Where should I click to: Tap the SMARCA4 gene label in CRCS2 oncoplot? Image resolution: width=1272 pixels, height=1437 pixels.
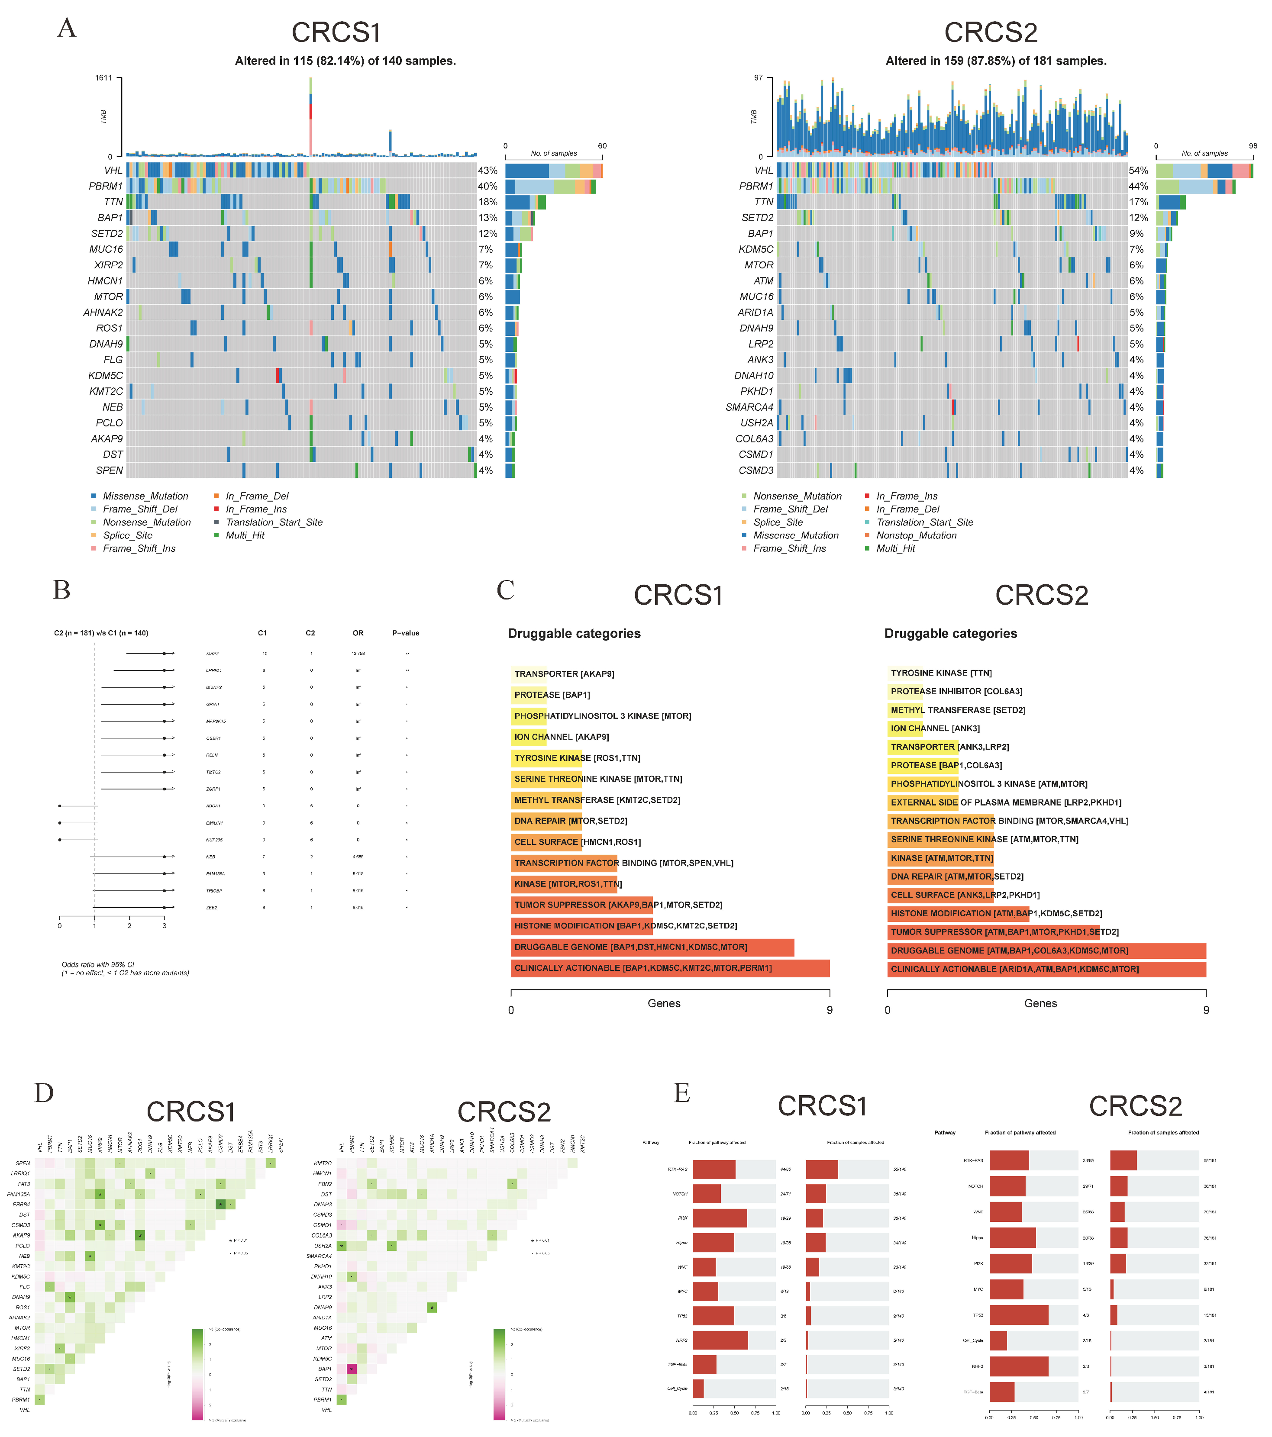pyautogui.click(x=749, y=407)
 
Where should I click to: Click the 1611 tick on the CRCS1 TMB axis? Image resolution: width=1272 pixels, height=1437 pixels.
pyautogui.click(x=103, y=78)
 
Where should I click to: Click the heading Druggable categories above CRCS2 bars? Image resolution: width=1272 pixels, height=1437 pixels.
pyautogui.click(x=950, y=633)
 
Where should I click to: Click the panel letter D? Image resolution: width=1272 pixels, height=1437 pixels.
pyautogui.click(x=44, y=1093)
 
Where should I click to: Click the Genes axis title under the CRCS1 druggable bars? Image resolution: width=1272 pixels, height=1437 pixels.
pyautogui.click(x=663, y=1003)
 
